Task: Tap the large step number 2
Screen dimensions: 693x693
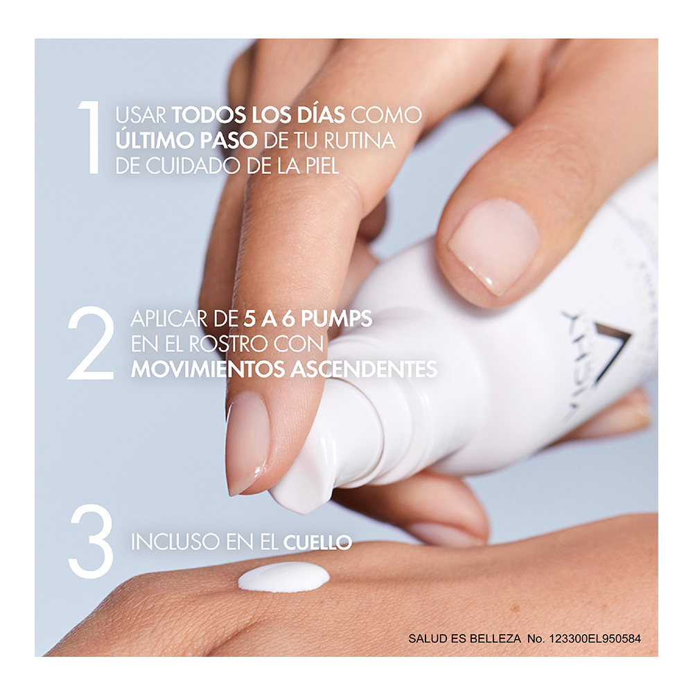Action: point(91,343)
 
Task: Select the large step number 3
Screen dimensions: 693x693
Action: point(91,541)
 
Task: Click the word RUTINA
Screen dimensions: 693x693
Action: point(360,141)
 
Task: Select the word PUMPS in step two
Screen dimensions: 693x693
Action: point(335,319)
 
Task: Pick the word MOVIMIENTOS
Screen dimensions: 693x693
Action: point(207,369)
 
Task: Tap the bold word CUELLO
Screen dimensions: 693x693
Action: point(317,543)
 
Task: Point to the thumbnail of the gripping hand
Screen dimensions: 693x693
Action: point(494,245)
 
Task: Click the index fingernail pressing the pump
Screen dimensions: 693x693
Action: point(247,442)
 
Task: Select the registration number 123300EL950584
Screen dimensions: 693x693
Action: point(595,638)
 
